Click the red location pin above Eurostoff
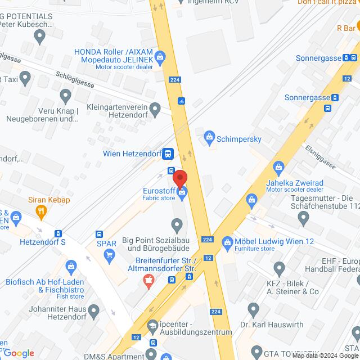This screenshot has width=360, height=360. point(180,177)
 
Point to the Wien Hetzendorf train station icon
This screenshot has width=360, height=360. point(168,153)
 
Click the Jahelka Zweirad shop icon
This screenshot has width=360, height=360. point(278,167)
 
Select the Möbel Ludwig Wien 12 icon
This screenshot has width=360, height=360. point(228,243)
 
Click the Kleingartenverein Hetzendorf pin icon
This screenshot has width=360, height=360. point(156,107)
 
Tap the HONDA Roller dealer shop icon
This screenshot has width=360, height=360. point(160,56)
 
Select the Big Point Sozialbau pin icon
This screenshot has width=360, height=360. point(178,227)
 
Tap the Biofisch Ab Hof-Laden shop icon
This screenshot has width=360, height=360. point(71,265)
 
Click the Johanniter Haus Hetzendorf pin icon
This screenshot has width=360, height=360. point(93,310)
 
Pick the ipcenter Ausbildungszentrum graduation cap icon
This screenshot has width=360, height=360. point(152,326)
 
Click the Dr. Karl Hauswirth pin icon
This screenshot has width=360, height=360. point(254,309)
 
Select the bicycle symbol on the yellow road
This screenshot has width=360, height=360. point(181,102)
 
